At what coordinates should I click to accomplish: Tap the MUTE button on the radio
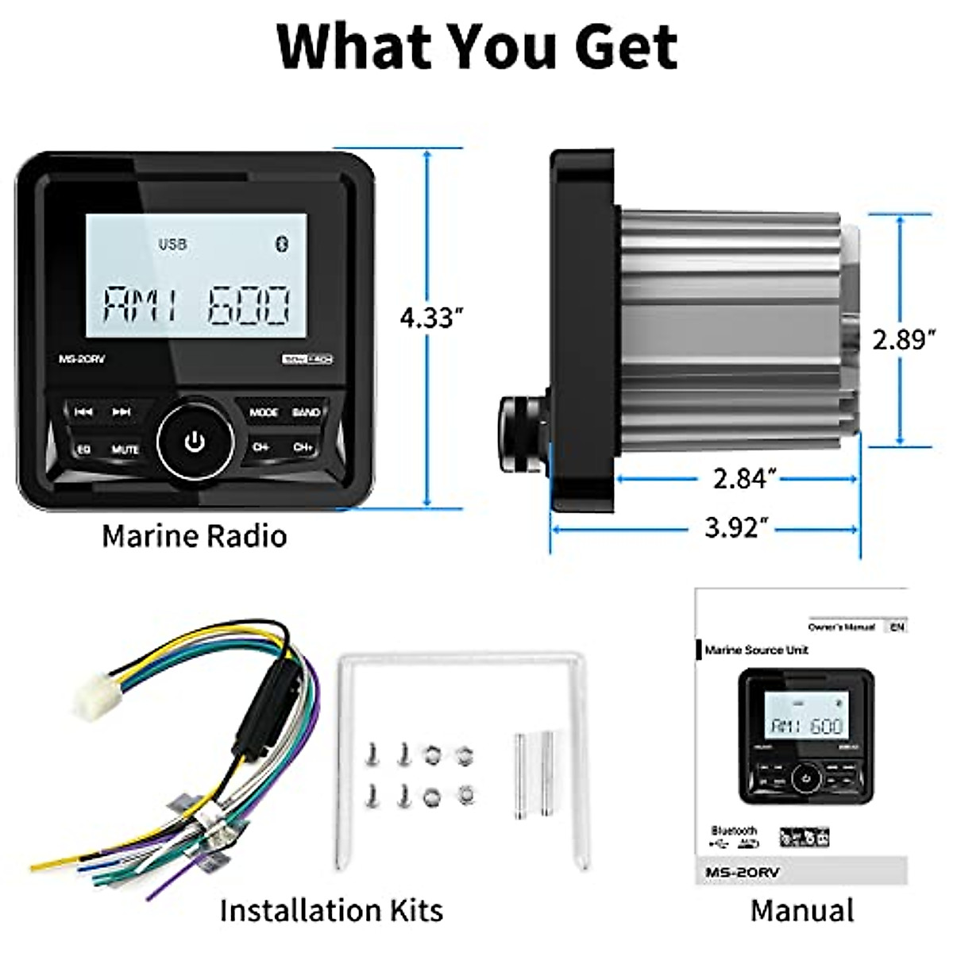coord(125,449)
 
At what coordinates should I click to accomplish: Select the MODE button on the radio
coord(264,412)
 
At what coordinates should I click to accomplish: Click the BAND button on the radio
coord(306,412)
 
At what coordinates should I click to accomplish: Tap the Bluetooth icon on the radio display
coord(281,243)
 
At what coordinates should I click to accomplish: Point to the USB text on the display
coord(172,243)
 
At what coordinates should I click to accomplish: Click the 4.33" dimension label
coord(430,318)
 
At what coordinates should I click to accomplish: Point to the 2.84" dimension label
coord(744,478)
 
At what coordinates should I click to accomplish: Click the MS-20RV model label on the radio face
coord(82,358)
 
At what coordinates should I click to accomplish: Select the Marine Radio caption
coord(194,536)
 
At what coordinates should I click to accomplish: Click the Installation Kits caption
coord(331,910)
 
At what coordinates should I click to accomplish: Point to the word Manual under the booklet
coord(802,910)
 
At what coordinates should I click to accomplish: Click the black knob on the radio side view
coord(523,434)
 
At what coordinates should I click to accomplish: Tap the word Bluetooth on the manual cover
coord(734,831)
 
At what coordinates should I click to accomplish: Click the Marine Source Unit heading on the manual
coord(756,650)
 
